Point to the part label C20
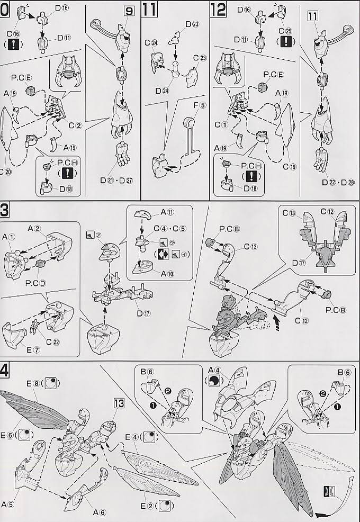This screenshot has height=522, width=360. (x=7, y=172)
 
